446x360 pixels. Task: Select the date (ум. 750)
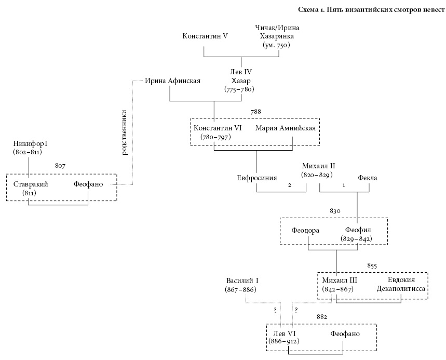(x=276, y=45)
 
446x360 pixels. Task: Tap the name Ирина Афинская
(x=172, y=81)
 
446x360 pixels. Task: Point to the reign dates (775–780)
(x=238, y=90)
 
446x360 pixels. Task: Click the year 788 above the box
(x=255, y=111)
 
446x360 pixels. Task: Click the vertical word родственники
(x=124, y=132)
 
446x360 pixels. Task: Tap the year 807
(x=60, y=166)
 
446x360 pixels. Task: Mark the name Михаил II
(x=318, y=166)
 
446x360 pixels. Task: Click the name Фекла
(x=367, y=178)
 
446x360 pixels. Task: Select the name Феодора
(x=305, y=230)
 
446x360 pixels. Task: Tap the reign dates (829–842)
(x=356, y=238)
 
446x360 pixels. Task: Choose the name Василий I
(x=242, y=280)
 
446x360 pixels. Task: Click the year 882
(x=321, y=316)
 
